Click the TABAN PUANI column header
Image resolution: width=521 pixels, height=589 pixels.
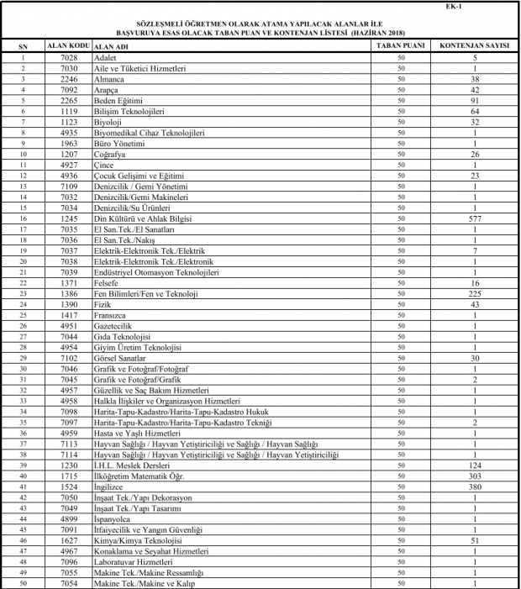point(399,43)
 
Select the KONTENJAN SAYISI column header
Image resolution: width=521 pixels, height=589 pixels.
point(475,43)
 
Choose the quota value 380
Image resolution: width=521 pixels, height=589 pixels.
point(475,487)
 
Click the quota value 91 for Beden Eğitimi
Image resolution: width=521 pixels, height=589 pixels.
point(475,99)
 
